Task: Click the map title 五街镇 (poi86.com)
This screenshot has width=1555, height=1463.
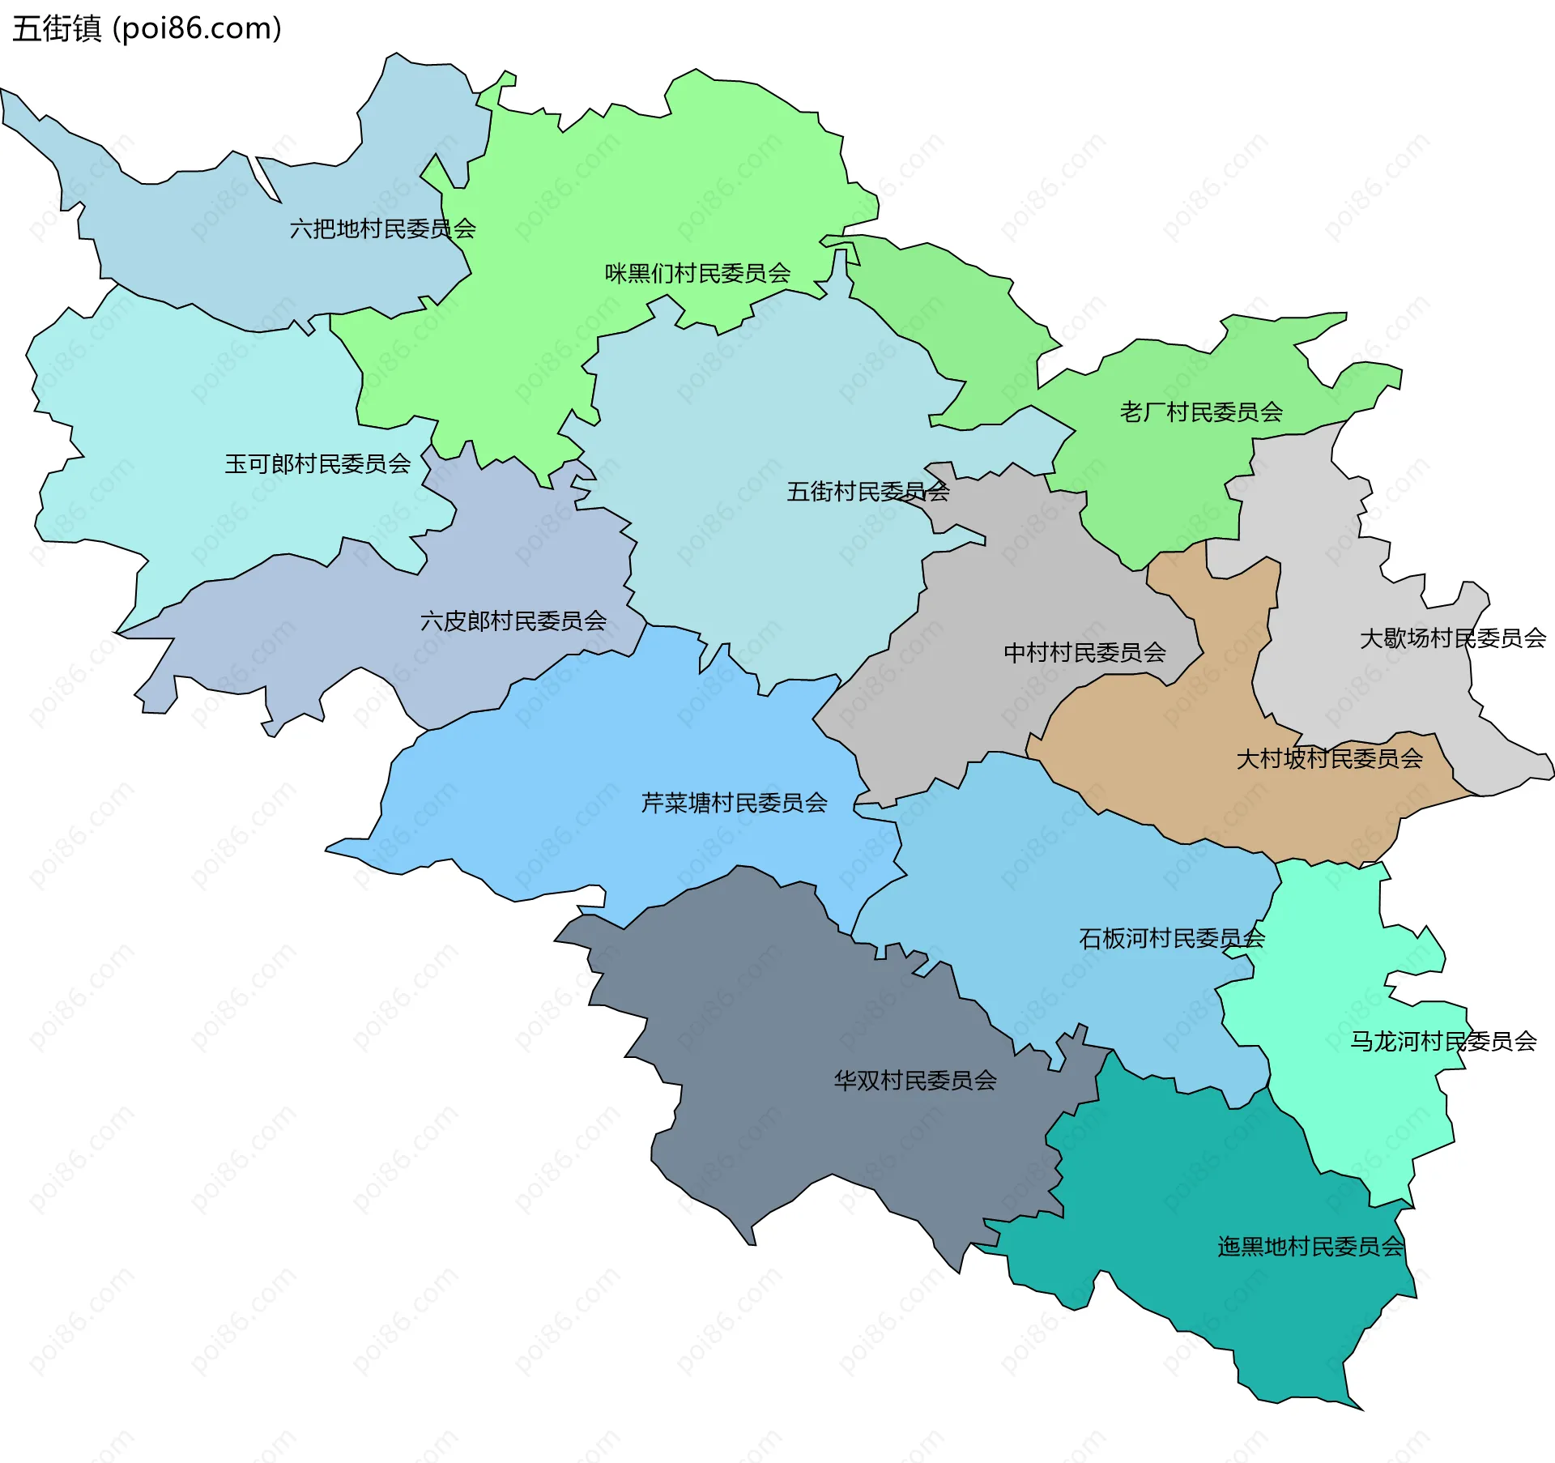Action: (147, 28)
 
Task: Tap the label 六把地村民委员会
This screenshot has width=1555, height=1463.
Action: (382, 229)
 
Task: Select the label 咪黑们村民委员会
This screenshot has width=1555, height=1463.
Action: (697, 274)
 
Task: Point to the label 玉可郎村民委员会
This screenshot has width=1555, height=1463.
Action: (317, 464)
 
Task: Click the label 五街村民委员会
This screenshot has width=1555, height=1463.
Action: (867, 492)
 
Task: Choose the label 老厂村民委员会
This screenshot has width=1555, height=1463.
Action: (1201, 412)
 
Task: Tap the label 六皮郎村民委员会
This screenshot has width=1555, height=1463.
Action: (513, 621)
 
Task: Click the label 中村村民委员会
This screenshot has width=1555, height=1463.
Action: (1084, 653)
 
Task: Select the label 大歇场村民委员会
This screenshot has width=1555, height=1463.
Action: (1452, 638)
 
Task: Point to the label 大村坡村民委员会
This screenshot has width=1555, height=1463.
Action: (1329, 759)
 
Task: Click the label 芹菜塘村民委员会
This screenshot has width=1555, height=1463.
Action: (734, 803)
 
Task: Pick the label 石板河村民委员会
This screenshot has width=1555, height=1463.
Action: (1171, 939)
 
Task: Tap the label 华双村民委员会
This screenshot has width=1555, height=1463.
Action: (915, 1081)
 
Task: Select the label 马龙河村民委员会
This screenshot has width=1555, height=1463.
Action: (1442, 1042)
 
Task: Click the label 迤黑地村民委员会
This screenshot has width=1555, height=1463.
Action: (1310, 1247)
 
